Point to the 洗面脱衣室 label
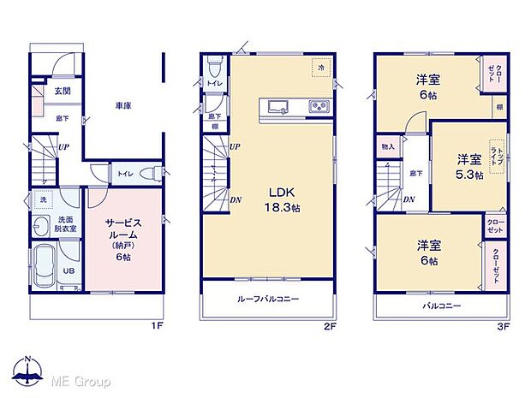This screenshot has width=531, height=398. click(67, 225)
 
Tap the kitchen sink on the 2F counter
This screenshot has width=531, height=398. click(279, 107)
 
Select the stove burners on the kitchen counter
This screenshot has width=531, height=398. click(319, 107)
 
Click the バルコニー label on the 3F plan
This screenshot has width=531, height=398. click(441, 306)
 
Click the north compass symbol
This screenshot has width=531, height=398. click(28, 369)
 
